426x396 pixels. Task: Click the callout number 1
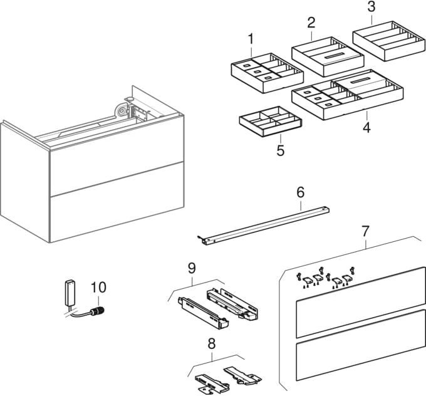[251, 39]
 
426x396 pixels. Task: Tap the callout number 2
[311, 23]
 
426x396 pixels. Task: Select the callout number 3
[371, 7]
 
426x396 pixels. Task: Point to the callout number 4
[366, 127]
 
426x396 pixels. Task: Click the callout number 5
[281, 150]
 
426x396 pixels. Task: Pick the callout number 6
[300, 192]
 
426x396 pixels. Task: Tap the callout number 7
[365, 231]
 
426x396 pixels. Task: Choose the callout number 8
[211, 343]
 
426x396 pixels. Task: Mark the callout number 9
[192, 269]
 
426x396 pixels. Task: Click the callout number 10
[98, 287]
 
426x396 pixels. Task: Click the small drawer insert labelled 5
[271, 122]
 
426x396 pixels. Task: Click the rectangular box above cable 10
[71, 293]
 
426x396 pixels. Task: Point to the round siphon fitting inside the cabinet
[121, 111]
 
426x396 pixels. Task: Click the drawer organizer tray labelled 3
[389, 41]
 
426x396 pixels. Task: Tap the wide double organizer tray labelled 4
[348, 95]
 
